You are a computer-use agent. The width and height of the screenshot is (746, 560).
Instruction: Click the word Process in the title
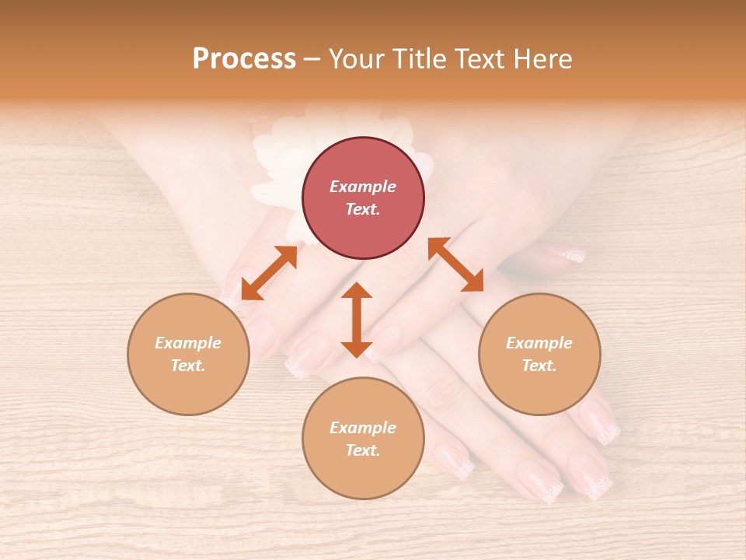(244, 59)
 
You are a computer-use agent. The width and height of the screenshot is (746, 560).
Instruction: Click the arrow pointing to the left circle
(269, 272)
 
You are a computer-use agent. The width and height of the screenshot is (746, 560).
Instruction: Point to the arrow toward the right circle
(455, 265)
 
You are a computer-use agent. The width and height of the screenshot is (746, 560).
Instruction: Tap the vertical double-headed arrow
(357, 320)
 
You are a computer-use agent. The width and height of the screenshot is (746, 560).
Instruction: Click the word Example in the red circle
(363, 187)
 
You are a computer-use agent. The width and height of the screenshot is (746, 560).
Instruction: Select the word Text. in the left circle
(188, 366)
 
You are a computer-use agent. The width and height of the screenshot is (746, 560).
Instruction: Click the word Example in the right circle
(539, 343)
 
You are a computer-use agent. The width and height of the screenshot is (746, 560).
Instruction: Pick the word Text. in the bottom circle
(363, 450)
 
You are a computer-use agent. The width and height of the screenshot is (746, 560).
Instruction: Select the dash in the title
(312, 59)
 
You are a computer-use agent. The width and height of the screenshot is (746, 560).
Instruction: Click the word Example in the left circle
(188, 343)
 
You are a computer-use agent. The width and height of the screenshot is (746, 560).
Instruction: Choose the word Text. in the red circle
(363, 209)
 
